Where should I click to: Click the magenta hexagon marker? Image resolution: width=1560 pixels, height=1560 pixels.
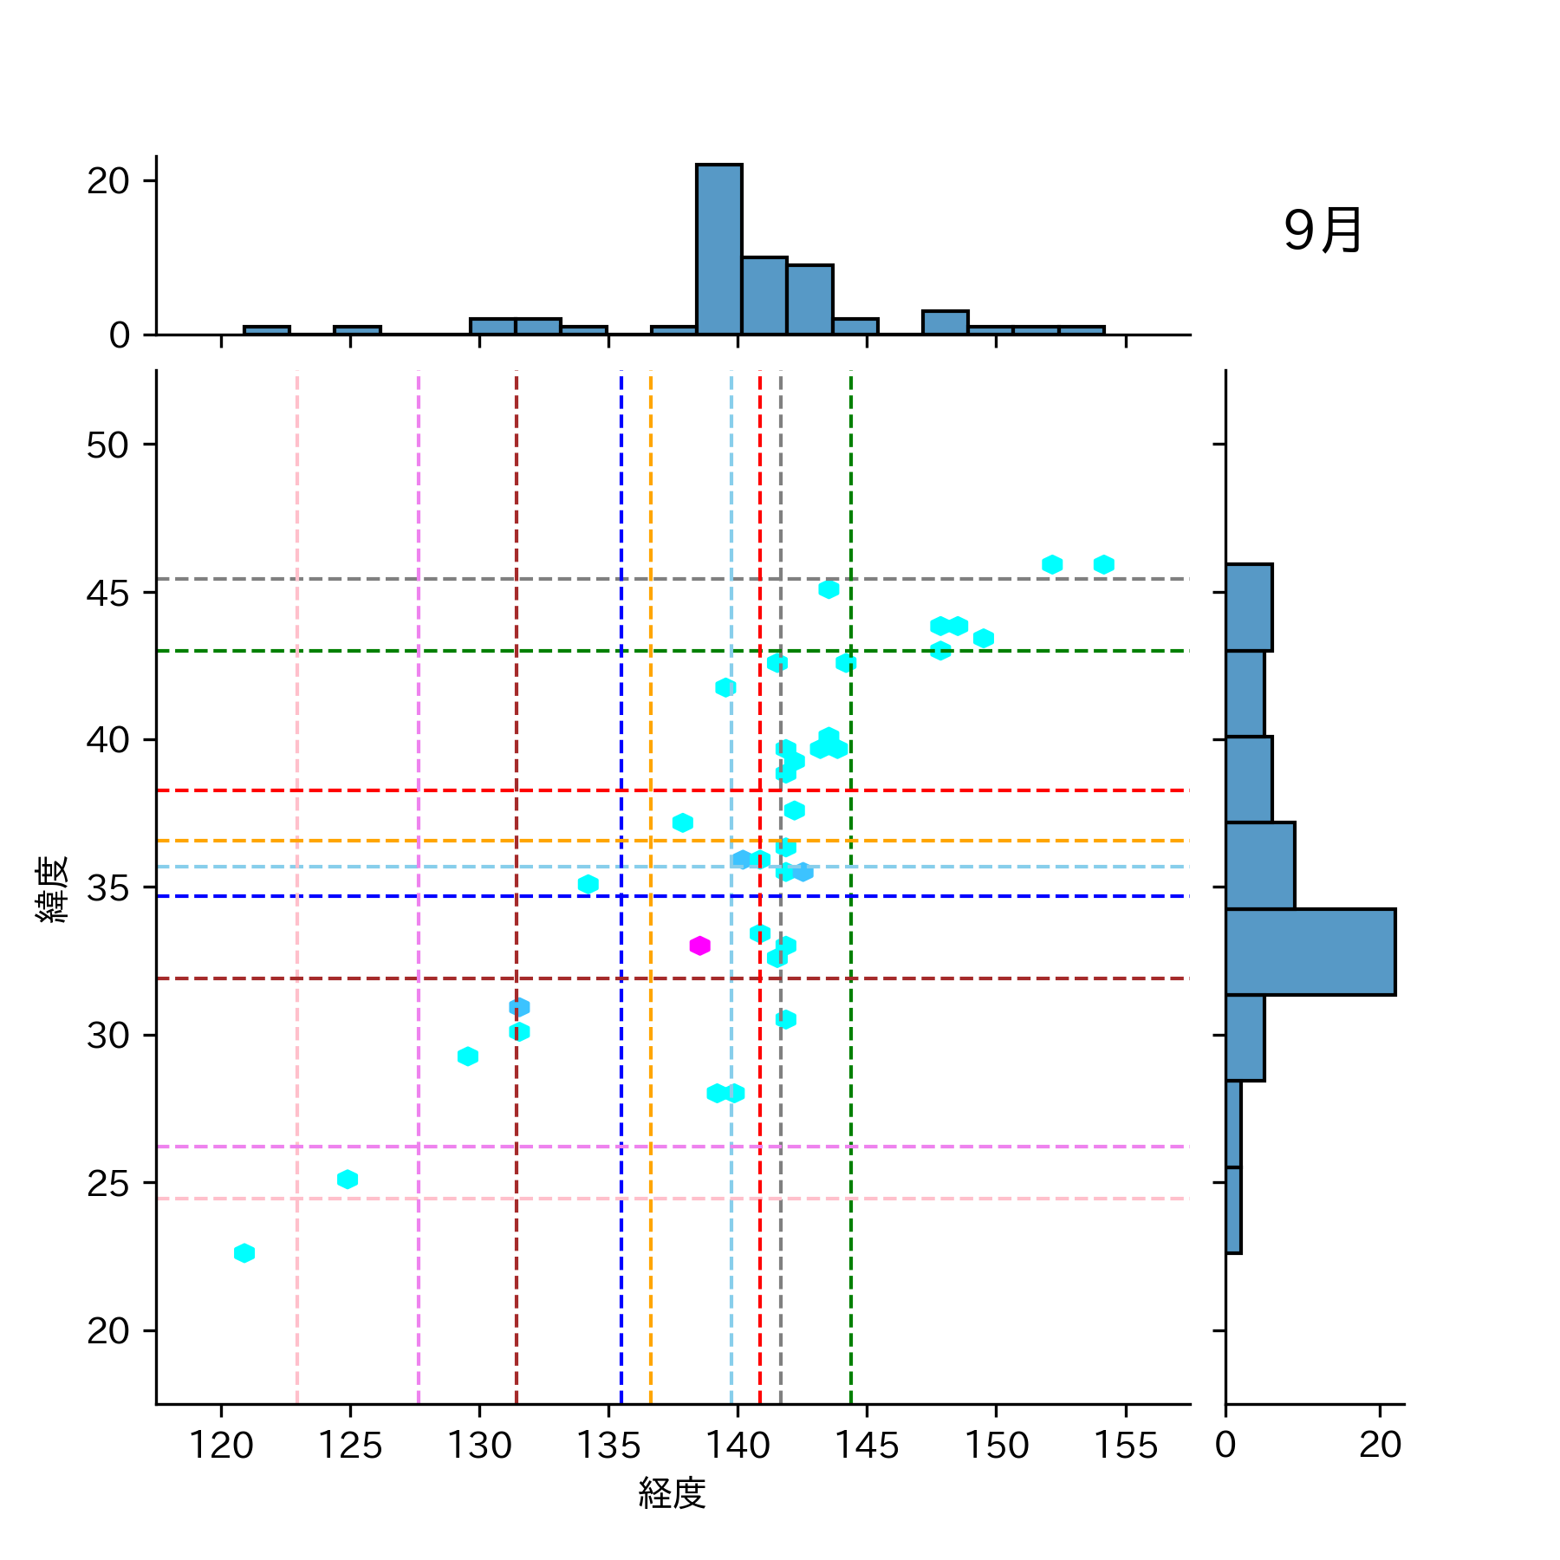tap(699, 946)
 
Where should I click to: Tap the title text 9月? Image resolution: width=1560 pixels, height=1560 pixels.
tap(1323, 231)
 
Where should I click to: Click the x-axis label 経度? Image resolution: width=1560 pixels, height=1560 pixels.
tap(673, 1493)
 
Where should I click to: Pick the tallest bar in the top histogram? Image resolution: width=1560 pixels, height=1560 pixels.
tap(718, 249)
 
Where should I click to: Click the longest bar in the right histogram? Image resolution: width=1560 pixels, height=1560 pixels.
tap(1310, 952)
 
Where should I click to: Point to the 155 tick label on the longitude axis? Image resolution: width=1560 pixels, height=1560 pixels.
tap(1126, 1446)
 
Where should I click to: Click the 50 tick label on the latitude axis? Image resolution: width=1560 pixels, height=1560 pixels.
tap(107, 445)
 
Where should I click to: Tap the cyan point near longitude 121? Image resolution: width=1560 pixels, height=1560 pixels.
tap(244, 1253)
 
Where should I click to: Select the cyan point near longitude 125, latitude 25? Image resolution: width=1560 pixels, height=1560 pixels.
tap(348, 1180)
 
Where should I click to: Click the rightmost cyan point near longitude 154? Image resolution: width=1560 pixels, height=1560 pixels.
tap(1103, 565)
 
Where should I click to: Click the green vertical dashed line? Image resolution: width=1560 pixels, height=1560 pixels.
tap(851, 1127)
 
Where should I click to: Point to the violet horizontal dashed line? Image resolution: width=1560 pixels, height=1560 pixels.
tap(607, 1147)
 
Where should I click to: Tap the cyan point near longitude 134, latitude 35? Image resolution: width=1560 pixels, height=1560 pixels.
tap(588, 885)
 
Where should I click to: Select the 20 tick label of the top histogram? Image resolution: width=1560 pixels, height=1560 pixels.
tap(107, 181)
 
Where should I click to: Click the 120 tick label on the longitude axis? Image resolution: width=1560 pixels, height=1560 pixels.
tap(221, 1446)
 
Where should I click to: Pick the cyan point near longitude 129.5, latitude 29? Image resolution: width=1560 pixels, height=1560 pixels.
tap(468, 1056)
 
